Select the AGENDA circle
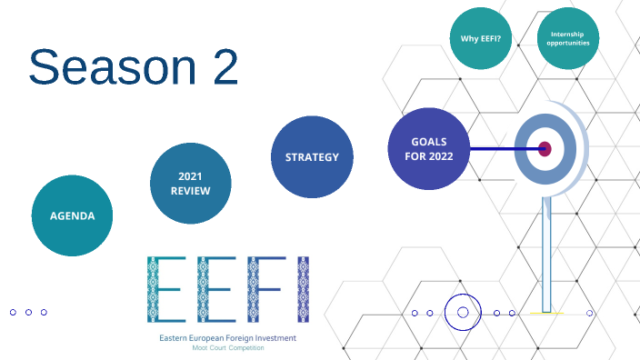click(72, 215)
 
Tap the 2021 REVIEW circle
click(190, 183)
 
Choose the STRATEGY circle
click(312, 156)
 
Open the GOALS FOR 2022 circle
click(428, 148)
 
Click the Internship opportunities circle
click(568, 38)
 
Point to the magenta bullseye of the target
click(545, 148)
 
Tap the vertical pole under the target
click(546, 255)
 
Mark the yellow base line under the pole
click(546, 314)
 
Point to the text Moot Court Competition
click(228, 349)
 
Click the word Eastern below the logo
click(176, 339)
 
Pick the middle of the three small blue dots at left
click(29, 312)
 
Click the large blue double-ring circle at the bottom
click(463, 313)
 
